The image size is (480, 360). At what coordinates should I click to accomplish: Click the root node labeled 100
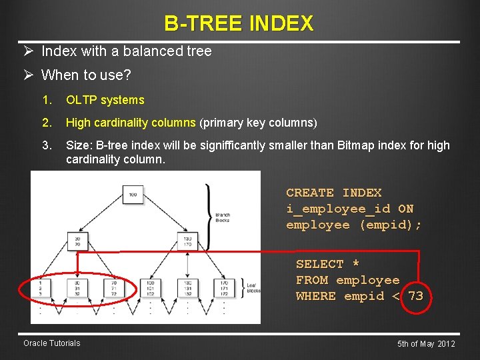[x=133, y=195]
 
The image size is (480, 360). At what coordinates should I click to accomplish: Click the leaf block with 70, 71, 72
[x=113, y=287]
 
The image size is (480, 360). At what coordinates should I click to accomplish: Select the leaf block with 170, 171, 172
[x=223, y=287]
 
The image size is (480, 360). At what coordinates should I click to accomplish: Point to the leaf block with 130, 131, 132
[x=187, y=287]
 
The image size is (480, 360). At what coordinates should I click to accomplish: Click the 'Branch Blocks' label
[x=223, y=217]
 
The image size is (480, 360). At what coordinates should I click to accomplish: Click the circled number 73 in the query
[x=415, y=296]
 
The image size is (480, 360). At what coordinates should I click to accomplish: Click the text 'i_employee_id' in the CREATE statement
[x=338, y=209]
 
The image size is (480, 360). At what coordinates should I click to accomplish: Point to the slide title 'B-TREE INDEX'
[x=239, y=24]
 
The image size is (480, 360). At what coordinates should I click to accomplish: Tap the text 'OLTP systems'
[x=105, y=100]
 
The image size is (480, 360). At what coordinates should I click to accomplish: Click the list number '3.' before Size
[x=46, y=145]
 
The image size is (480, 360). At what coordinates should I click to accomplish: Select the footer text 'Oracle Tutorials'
[x=51, y=343]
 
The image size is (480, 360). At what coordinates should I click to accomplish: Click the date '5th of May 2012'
[x=426, y=344]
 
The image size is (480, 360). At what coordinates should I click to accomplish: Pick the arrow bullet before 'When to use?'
[x=29, y=75]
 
